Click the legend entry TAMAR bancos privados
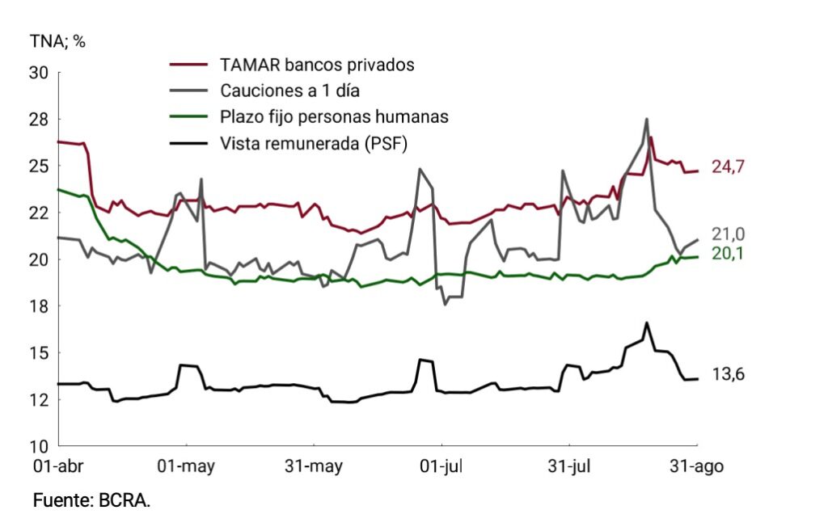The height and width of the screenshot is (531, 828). click(317, 65)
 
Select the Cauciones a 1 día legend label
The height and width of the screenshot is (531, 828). click(290, 91)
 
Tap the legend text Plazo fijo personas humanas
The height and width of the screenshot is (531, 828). click(334, 116)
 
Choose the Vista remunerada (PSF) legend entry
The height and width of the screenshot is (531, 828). click(314, 143)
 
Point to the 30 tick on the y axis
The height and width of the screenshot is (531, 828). click(39, 72)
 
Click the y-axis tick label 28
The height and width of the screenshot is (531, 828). click(39, 120)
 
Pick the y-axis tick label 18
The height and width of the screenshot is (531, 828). click(39, 306)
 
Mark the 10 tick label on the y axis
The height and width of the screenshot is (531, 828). click(39, 447)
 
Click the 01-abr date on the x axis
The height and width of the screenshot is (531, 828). click(58, 466)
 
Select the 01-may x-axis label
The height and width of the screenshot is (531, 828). click(186, 466)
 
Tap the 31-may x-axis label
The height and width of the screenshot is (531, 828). click(314, 466)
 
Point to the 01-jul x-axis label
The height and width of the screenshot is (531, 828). click(441, 466)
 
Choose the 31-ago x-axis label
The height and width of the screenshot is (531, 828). click(696, 466)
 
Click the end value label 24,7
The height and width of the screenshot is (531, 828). click(729, 166)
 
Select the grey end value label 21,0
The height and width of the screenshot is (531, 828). click(729, 234)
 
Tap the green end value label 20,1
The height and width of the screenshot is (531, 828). click(729, 254)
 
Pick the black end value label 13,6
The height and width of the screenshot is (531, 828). click(729, 374)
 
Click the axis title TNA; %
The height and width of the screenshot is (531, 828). click(57, 41)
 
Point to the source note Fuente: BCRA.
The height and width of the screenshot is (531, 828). click(91, 499)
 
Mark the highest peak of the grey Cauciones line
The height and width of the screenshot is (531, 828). click(646, 120)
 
